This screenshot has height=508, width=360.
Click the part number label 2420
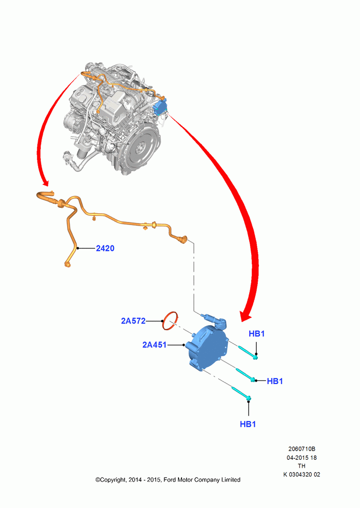click(x=105, y=248)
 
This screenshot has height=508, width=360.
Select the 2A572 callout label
click(x=133, y=321)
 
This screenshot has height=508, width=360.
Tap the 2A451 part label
click(x=155, y=345)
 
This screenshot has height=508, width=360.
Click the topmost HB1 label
click(x=257, y=333)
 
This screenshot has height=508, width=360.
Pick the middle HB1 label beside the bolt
click(x=275, y=381)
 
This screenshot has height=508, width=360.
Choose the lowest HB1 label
click(x=248, y=424)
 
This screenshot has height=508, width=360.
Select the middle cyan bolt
click(x=245, y=375)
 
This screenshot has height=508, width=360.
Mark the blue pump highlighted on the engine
click(x=161, y=107)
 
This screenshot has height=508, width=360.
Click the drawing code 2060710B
click(x=302, y=449)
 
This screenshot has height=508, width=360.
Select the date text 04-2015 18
click(x=302, y=458)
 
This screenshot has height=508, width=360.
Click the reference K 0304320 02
click(x=302, y=474)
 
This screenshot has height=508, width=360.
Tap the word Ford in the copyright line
click(x=170, y=480)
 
